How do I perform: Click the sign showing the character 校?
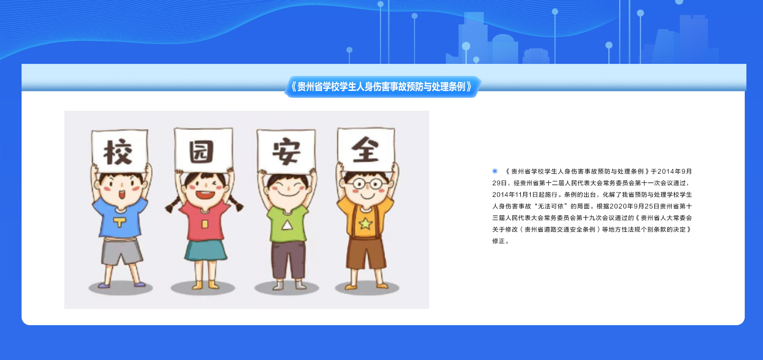pyautogui.click(x=119, y=151)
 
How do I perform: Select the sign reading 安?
pyautogui.click(x=286, y=151)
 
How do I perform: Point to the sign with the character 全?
pyautogui.click(x=366, y=149)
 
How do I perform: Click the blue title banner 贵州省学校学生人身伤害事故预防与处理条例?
pyautogui.click(x=382, y=87)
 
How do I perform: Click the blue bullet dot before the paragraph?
pyautogui.click(x=495, y=171)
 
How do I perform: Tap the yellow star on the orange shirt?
pyautogui.click(x=365, y=224)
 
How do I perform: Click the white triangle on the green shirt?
pyautogui.click(x=287, y=225)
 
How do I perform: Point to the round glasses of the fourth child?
pyautogui.click(x=367, y=184)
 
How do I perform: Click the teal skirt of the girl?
pyautogui.click(x=205, y=250)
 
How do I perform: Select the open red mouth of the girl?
pyautogui.click(x=205, y=195)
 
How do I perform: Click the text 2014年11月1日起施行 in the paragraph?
pyautogui.click(x=525, y=195)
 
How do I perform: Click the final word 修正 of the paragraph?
pyautogui.click(x=498, y=241)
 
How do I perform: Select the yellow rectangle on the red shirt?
pyautogui.click(x=204, y=224)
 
